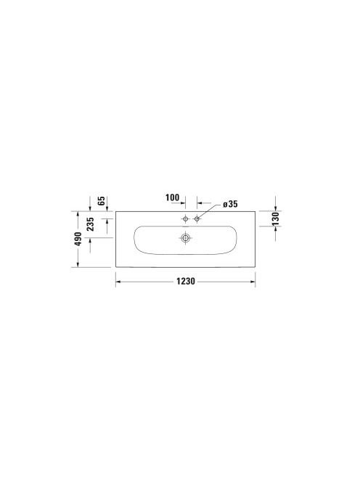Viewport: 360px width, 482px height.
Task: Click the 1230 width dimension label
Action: point(185,281)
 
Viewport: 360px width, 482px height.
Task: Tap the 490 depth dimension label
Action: point(78,239)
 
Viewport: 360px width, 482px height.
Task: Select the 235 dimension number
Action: point(90,224)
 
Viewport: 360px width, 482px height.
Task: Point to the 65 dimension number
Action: point(102,201)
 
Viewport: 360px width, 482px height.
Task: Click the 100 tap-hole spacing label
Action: point(172,197)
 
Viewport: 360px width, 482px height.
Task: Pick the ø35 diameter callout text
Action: point(230,204)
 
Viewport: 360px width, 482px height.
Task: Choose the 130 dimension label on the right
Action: point(276,218)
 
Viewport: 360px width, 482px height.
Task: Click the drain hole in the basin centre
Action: point(185,237)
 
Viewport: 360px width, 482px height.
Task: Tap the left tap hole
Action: point(185,219)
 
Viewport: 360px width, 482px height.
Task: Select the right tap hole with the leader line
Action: point(197,219)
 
